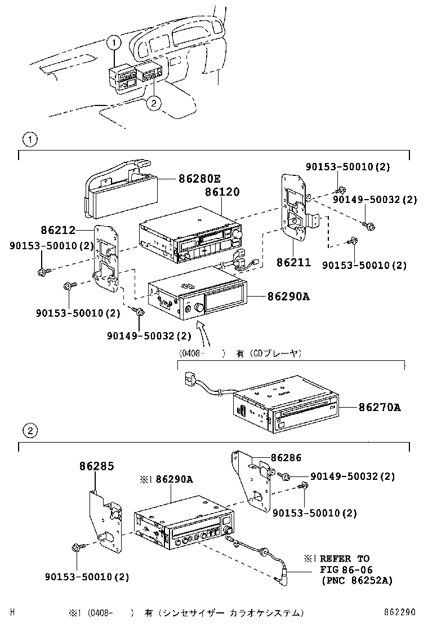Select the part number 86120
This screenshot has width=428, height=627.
tap(218, 192)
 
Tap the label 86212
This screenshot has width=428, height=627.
tap(57, 230)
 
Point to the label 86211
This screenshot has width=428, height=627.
tap(293, 262)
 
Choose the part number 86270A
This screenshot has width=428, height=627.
tap(380, 407)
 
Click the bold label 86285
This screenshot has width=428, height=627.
tap(96, 466)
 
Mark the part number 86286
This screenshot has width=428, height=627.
tap(286, 458)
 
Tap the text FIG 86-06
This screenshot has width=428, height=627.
tap(347, 569)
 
